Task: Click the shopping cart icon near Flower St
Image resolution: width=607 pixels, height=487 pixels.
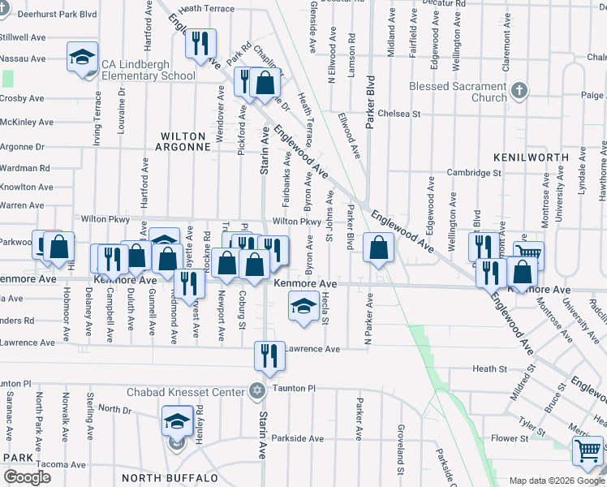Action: coord(587,450)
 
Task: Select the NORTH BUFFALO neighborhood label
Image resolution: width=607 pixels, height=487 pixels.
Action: coord(170,477)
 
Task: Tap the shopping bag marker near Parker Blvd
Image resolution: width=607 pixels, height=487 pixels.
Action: coord(378,248)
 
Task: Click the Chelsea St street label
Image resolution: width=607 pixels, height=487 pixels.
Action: coord(398,114)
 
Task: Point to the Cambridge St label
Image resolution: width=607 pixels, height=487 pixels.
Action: coord(474,173)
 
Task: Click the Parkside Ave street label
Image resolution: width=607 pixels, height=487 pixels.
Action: coord(298,438)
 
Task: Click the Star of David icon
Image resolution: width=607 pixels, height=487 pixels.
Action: coord(257,392)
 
